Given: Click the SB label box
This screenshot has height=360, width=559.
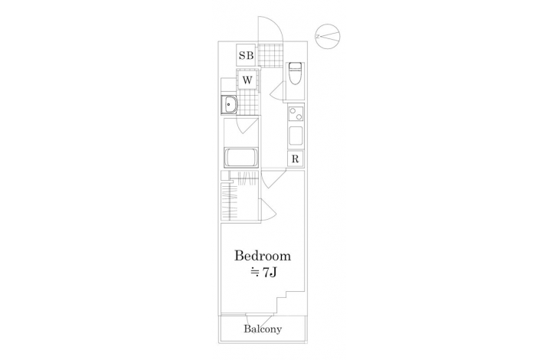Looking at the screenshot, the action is tap(246, 55).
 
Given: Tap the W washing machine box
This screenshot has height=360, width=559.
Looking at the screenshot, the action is tap(247, 80).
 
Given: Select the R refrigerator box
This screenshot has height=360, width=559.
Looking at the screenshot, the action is tap(295, 159).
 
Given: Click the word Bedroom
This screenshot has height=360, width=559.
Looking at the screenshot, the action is tap(263, 256).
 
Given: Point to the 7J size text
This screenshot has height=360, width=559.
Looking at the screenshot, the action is tap(264, 273).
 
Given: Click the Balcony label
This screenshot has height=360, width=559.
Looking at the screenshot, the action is tap(263, 329).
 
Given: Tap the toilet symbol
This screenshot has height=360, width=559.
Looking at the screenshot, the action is tap(295, 74).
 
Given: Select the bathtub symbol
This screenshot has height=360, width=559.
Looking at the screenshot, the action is tap(241, 158).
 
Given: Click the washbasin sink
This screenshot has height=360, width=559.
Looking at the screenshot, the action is tap(229, 105).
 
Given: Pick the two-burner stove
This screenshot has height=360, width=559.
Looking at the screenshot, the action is tap(296, 114).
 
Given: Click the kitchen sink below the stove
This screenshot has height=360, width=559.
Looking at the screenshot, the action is tap(296, 136).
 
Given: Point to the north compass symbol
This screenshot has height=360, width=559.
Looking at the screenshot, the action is tap(328, 36).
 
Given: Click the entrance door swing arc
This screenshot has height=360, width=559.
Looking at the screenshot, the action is tap(276, 25).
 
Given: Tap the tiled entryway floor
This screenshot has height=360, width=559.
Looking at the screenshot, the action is tap(270, 54).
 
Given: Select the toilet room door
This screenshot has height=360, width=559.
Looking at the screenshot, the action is tap(278, 90).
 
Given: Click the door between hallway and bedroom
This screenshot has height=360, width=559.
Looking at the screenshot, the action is tap(273, 179).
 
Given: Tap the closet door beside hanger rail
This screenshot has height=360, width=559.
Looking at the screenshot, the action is tap(269, 210).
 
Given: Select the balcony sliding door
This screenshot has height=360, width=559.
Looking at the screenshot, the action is tap(259, 315).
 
